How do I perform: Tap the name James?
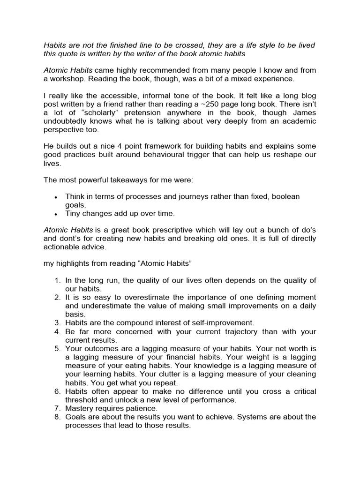tap(304, 112)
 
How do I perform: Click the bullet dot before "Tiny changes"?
tap(56, 214)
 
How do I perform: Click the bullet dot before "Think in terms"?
tap(56, 197)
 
